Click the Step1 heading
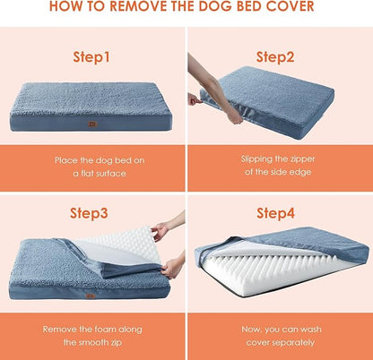tap(91, 56)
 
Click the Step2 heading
tap(275, 56)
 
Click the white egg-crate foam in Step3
tap(112, 245)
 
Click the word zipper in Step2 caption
tap(308, 159)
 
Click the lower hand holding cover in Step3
tap(173, 264)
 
